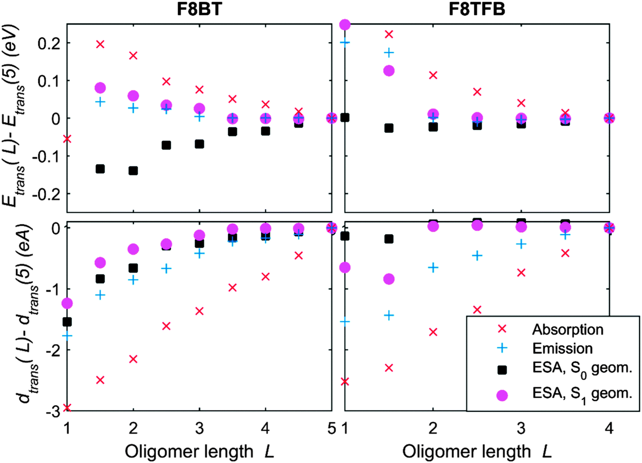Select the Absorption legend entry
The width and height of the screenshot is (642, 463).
[568, 329]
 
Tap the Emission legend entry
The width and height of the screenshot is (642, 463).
[562, 348]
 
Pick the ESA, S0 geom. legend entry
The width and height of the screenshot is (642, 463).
[581, 369]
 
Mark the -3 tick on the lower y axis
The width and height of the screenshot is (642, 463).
[52, 411]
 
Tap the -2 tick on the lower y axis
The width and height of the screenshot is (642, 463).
[52, 350]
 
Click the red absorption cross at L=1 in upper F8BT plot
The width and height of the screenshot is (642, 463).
[67, 139]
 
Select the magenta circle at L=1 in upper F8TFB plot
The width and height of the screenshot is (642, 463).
[345, 25]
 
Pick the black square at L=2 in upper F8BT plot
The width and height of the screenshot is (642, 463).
[133, 171]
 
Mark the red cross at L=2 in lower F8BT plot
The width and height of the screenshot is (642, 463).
[133, 359]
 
